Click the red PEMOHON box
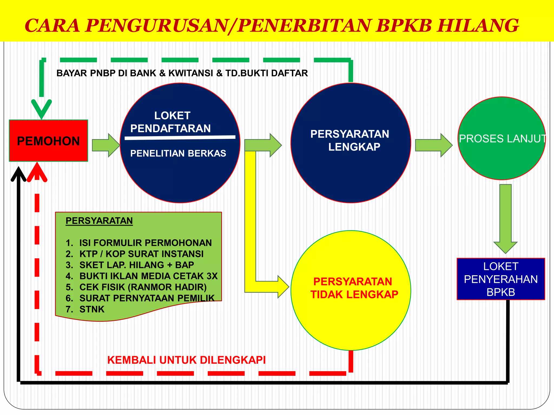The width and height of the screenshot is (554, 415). tap(48, 141)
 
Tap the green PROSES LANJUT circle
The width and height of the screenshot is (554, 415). tap(502, 138)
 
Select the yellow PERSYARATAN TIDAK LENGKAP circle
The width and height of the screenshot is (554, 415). tap(351, 290)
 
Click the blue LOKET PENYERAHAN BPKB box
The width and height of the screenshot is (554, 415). tap(501, 279)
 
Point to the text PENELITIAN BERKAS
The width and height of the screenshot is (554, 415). tap(178, 153)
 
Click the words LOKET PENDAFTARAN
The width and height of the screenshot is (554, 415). tap(171, 122)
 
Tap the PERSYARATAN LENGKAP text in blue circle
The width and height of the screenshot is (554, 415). tap(350, 140)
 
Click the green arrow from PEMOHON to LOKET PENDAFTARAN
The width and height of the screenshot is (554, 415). tap(105, 145)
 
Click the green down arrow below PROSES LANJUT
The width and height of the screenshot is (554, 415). tap(505, 219)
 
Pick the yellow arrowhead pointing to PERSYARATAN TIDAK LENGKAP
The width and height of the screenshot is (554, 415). tap(283, 287)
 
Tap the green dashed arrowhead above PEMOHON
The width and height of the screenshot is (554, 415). tap(41, 109)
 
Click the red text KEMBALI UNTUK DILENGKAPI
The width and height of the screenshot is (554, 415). tap(186, 360)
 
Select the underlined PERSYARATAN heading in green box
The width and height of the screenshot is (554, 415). tap(99, 221)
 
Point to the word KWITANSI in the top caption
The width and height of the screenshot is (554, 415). tap(191, 73)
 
